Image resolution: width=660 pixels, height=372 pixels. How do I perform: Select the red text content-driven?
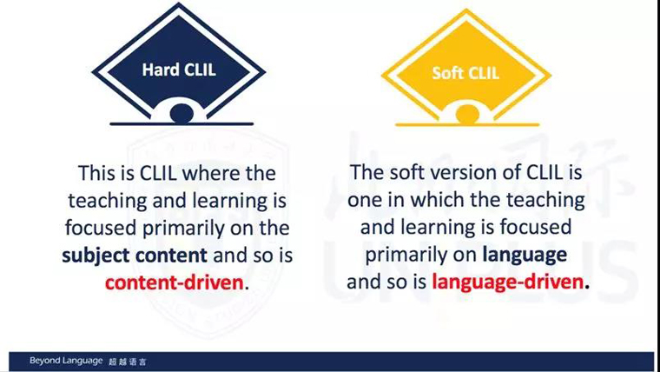pyautogui.click(x=175, y=282)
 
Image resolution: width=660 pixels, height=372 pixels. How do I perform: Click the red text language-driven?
pyautogui.click(x=507, y=282)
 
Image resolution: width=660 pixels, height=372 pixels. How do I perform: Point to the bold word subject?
pyautogui.click(x=91, y=256)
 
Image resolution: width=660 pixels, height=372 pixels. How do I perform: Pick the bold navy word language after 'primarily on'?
pyautogui.click(x=525, y=255)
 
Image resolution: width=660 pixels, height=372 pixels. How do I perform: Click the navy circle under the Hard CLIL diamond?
pyautogui.click(x=181, y=114)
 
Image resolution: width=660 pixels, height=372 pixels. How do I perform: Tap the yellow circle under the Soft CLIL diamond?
pyautogui.click(x=467, y=115)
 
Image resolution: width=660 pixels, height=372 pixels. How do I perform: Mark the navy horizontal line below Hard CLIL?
pyautogui.click(x=181, y=124)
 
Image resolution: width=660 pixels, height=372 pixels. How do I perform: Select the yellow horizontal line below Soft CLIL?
pyautogui.click(x=467, y=124)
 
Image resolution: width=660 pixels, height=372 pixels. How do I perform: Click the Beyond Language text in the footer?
pyautogui.click(x=66, y=361)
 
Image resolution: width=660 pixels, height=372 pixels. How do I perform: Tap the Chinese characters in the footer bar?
pyautogui.click(x=128, y=362)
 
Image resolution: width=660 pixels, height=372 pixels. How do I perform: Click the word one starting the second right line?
pyautogui.click(x=363, y=201)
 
